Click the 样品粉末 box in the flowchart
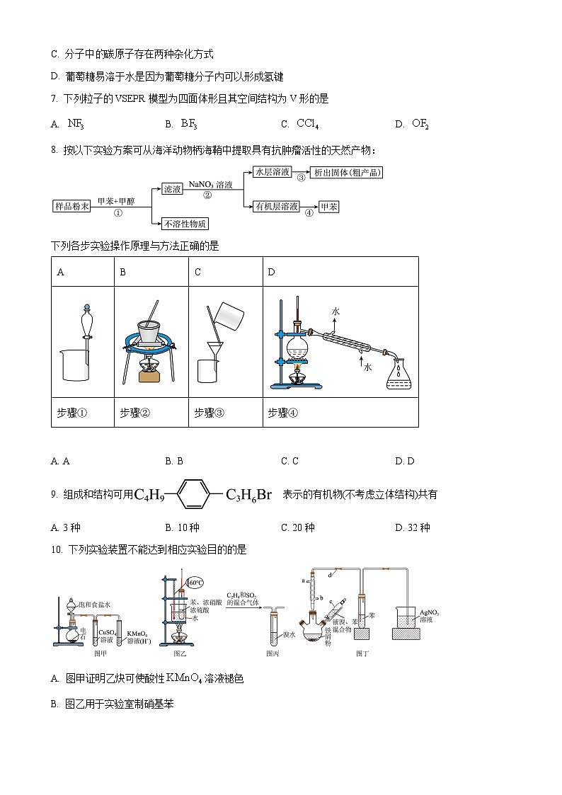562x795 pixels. click(x=72, y=207)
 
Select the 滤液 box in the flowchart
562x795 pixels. click(x=173, y=189)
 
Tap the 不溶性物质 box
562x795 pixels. click(x=185, y=224)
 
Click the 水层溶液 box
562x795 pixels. click(x=272, y=172)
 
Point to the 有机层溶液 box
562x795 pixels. click(x=277, y=206)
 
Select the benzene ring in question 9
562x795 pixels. click(x=193, y=495)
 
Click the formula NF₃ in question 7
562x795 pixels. click(x=76, y=124)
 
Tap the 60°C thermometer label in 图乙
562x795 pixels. click(x=195, y=583)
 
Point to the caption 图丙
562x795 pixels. click(x=273, y=653)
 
